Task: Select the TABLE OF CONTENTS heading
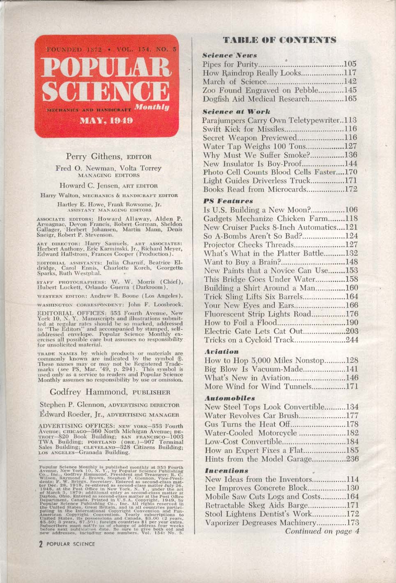280,40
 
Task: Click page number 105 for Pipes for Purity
350,64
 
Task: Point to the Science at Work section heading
230,111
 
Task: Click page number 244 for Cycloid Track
351,340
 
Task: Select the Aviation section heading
221,352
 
